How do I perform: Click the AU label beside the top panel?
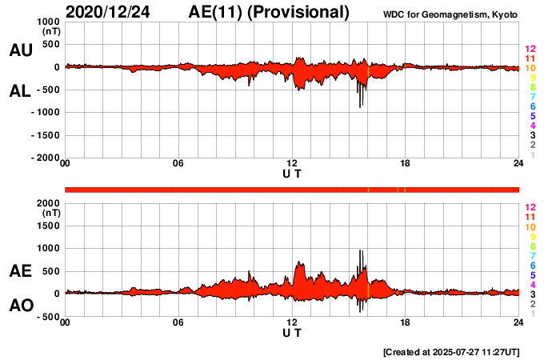[x=20, y=50]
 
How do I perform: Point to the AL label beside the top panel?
[x=20, y=91]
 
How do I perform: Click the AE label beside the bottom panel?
[x=20, y=271]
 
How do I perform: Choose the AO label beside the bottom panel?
[x=20, y=306]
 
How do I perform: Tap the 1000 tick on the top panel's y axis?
[x=46, y=22]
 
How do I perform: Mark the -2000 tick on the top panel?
[x=43, y=158]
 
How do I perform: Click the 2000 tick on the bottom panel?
[x=46, y=203]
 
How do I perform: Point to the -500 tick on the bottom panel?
[x=46, y=317]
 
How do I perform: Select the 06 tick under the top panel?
[x=178, y=164]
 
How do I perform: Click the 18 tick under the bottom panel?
[x=405, y=322]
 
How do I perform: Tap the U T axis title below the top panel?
[x=292, y=173]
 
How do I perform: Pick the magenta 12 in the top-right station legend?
[x=530, y=49]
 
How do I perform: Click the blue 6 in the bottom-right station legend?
[x=532, y=265]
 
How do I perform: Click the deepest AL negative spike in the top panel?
[x=360, y=106]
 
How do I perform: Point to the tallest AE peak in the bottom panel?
[x=360, y=250]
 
